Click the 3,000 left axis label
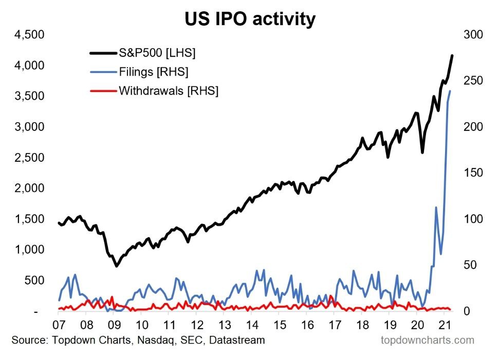coord(31,127)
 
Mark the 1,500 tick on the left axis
coord(31,219)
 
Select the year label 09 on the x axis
coord(114,325)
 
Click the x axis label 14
coord(252,325)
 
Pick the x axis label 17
coord(335,325)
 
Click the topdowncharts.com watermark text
coord(428,340)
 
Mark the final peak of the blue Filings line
coord(450,91)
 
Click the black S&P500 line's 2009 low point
coord(117,266)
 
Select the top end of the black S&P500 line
coord(452,55)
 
